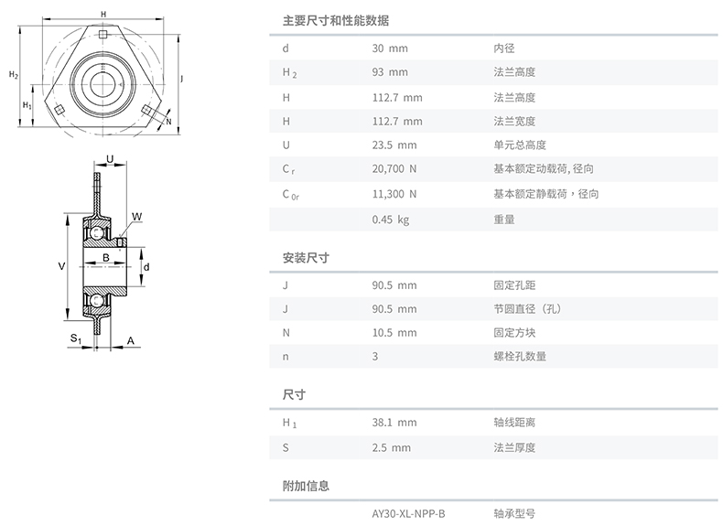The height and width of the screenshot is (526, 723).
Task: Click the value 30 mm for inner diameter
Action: pyautogui.click(x=390, y=48)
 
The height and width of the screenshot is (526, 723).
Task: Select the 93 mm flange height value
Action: pyautogui.click(x=390, y=72)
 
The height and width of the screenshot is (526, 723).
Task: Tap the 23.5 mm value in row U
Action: pyautogui.click(x=394, y=145)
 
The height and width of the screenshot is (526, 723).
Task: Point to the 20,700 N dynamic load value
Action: pyautogui.click(x=394, y=169)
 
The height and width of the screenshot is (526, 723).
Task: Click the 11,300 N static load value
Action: pyautogui.click(x=394, y=194)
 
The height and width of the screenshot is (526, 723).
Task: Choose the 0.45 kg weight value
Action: pyautogui.click(x=391, y=220)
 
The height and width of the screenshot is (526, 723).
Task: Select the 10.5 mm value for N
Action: pyautogui.click(x=394, y=333)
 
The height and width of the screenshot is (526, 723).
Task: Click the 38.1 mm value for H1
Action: pyautogui.click(x=394, y=423)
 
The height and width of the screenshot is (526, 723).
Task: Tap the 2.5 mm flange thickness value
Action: pyautogui.click(x=391, y=447)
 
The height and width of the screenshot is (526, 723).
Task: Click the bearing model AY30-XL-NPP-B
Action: pyautogui.click(x=408, y=513)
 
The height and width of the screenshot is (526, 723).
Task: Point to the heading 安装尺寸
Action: pyautogui.click(x=306, y=258)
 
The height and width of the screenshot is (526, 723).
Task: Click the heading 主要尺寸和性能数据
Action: pyautogui.click(x=336, y=21)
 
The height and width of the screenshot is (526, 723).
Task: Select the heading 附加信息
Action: pyautogui.click(x=306, y=486)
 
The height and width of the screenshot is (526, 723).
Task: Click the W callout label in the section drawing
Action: pyautogui.click(x=136, y=217)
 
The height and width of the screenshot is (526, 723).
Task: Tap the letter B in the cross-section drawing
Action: pyautogui.click(x=106, y=258)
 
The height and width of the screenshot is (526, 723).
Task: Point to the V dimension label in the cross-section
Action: pyautogui.click(x=61, y=266)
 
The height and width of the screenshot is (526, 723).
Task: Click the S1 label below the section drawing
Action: pyautogui.click(x=76, y=338)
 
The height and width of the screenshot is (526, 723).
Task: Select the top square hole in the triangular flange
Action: pyautogui.click(x=103, y=34)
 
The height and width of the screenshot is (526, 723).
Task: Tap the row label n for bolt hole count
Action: pyautogui.click(x=286, y=357)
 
